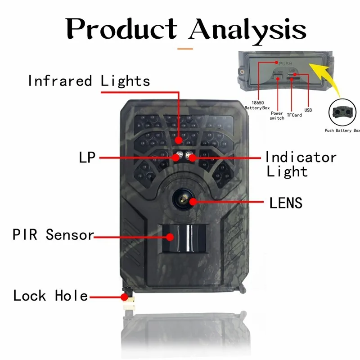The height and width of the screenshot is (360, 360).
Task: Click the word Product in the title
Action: click(x=121, y=29)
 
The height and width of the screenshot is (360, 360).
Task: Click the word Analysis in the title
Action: click(x=247, y=31)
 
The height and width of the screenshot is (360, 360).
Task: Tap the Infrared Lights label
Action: click(x=89, y=81)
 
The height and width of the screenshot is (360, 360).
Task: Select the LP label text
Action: click(x=87, y=157)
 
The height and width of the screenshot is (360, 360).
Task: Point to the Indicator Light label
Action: click(x=301, y=164)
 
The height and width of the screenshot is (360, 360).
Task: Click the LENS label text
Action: click(x=286, y=203)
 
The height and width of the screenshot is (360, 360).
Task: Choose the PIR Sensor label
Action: click(x=53, y=234)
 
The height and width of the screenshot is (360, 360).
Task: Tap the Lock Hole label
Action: click(x=50, y=296)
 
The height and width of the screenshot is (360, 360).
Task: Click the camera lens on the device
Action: click(x=184, y=199)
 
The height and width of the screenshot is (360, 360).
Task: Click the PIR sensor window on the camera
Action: click(x=184, y=238)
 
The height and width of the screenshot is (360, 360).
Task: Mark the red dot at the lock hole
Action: click(x=124, y=297)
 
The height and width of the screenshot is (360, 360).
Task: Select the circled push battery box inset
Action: click(x=342, y=112)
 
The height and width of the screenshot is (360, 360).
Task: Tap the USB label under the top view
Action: click(x=308, y=110)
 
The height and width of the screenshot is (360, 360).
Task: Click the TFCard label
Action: click(x=294, y=115)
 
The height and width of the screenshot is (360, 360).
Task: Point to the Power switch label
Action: click(x=277, y=116)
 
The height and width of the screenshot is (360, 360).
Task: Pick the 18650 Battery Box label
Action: click(x=257, y=105)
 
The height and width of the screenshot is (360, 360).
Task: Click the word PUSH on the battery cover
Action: click(x=285, y=63)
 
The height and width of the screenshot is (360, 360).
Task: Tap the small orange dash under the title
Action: click(x=185, y=49)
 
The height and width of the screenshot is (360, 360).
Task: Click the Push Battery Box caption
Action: click(x=342, y=130)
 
